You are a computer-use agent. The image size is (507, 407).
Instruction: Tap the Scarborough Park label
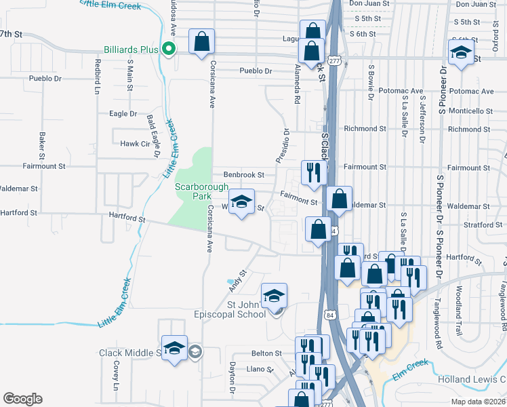tap(193, 191)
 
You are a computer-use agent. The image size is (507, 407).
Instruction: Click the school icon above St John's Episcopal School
tap(275, 296)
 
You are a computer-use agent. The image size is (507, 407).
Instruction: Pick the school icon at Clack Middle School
tap(174, 348)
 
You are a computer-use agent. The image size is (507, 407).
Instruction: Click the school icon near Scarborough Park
tap(241, 202)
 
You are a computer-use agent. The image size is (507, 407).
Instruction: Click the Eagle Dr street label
tap(123, 114)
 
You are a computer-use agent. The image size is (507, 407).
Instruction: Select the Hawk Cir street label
tap(134, 144)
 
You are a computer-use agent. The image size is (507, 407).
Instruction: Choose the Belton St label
tap(266, 353)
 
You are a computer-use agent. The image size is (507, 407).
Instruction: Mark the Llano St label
tap(260, 370)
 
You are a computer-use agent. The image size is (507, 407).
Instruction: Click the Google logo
tap(22, 399)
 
